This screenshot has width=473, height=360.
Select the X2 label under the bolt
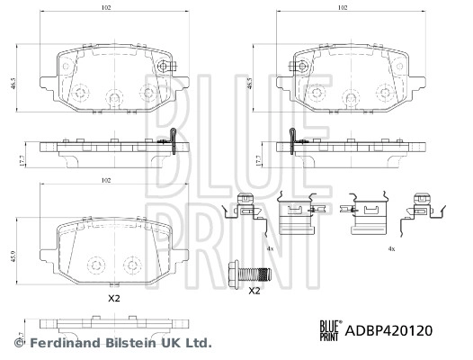click(x=254, y=291)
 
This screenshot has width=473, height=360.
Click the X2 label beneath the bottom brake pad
click(x=113, y=297)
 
